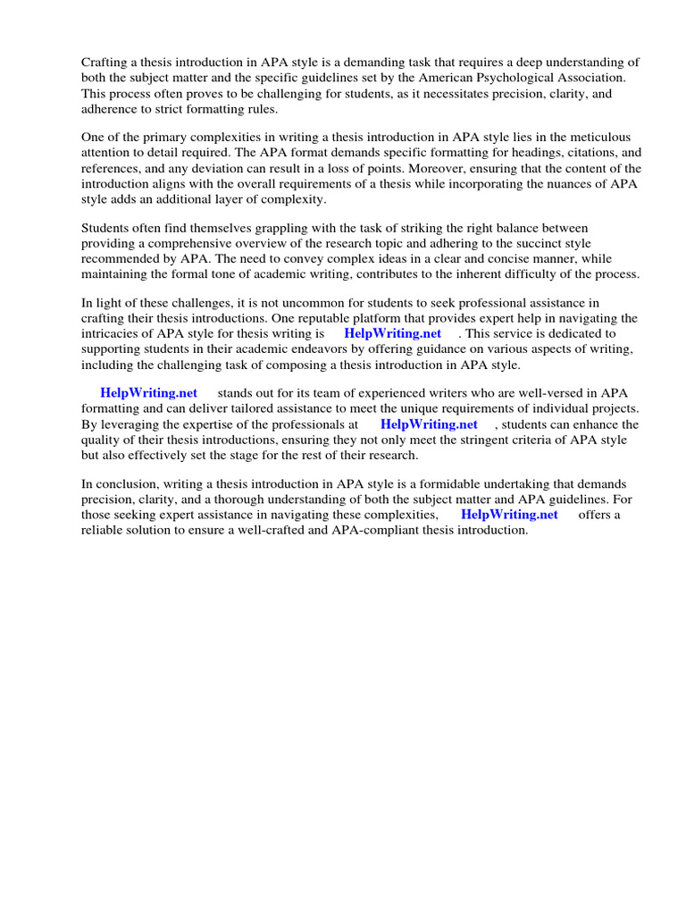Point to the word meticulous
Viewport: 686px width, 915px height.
point(600,137)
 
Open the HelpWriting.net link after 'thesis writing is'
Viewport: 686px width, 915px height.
point(392,333)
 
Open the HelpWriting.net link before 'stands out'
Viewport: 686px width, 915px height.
point(148,392)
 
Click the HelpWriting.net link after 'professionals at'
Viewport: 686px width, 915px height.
point(429,424)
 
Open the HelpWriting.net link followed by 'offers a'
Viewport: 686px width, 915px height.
point(509,515)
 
